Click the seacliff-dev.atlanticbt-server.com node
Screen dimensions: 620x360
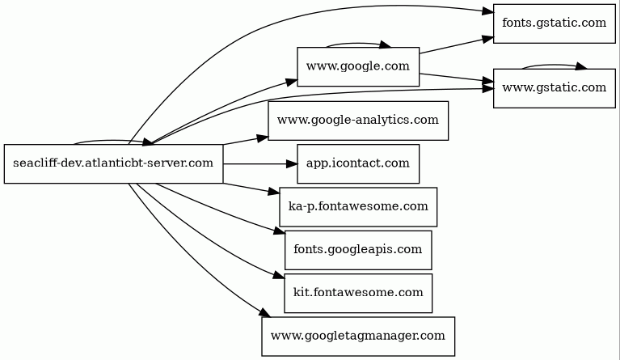coord(113,163)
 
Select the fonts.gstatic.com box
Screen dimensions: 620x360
coord(555,23)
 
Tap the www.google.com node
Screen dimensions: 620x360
coord(358,67)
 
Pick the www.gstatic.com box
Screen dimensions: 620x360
coord(555,88)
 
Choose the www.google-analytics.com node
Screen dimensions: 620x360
coord(358,121)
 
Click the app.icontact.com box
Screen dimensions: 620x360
coord(358,163)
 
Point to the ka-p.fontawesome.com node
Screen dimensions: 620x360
coord(358,207)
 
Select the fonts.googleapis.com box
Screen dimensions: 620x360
coord(358,250)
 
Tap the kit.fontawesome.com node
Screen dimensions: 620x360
coord(358,293)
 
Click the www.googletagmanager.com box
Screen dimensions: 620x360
coord(358,337)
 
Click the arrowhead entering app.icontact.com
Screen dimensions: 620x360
coord(292,163)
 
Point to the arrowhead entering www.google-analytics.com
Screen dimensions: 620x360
coord(263,138)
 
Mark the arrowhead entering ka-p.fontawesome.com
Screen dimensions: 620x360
coord(273,192)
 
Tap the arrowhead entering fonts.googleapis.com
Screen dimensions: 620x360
coord(280,231)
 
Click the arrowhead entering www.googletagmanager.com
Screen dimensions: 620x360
coord(265,312)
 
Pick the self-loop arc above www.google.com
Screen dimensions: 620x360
coord(356,44)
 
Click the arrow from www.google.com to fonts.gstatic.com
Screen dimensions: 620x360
coord(457,45)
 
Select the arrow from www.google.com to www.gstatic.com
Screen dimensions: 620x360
coord(457,78)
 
